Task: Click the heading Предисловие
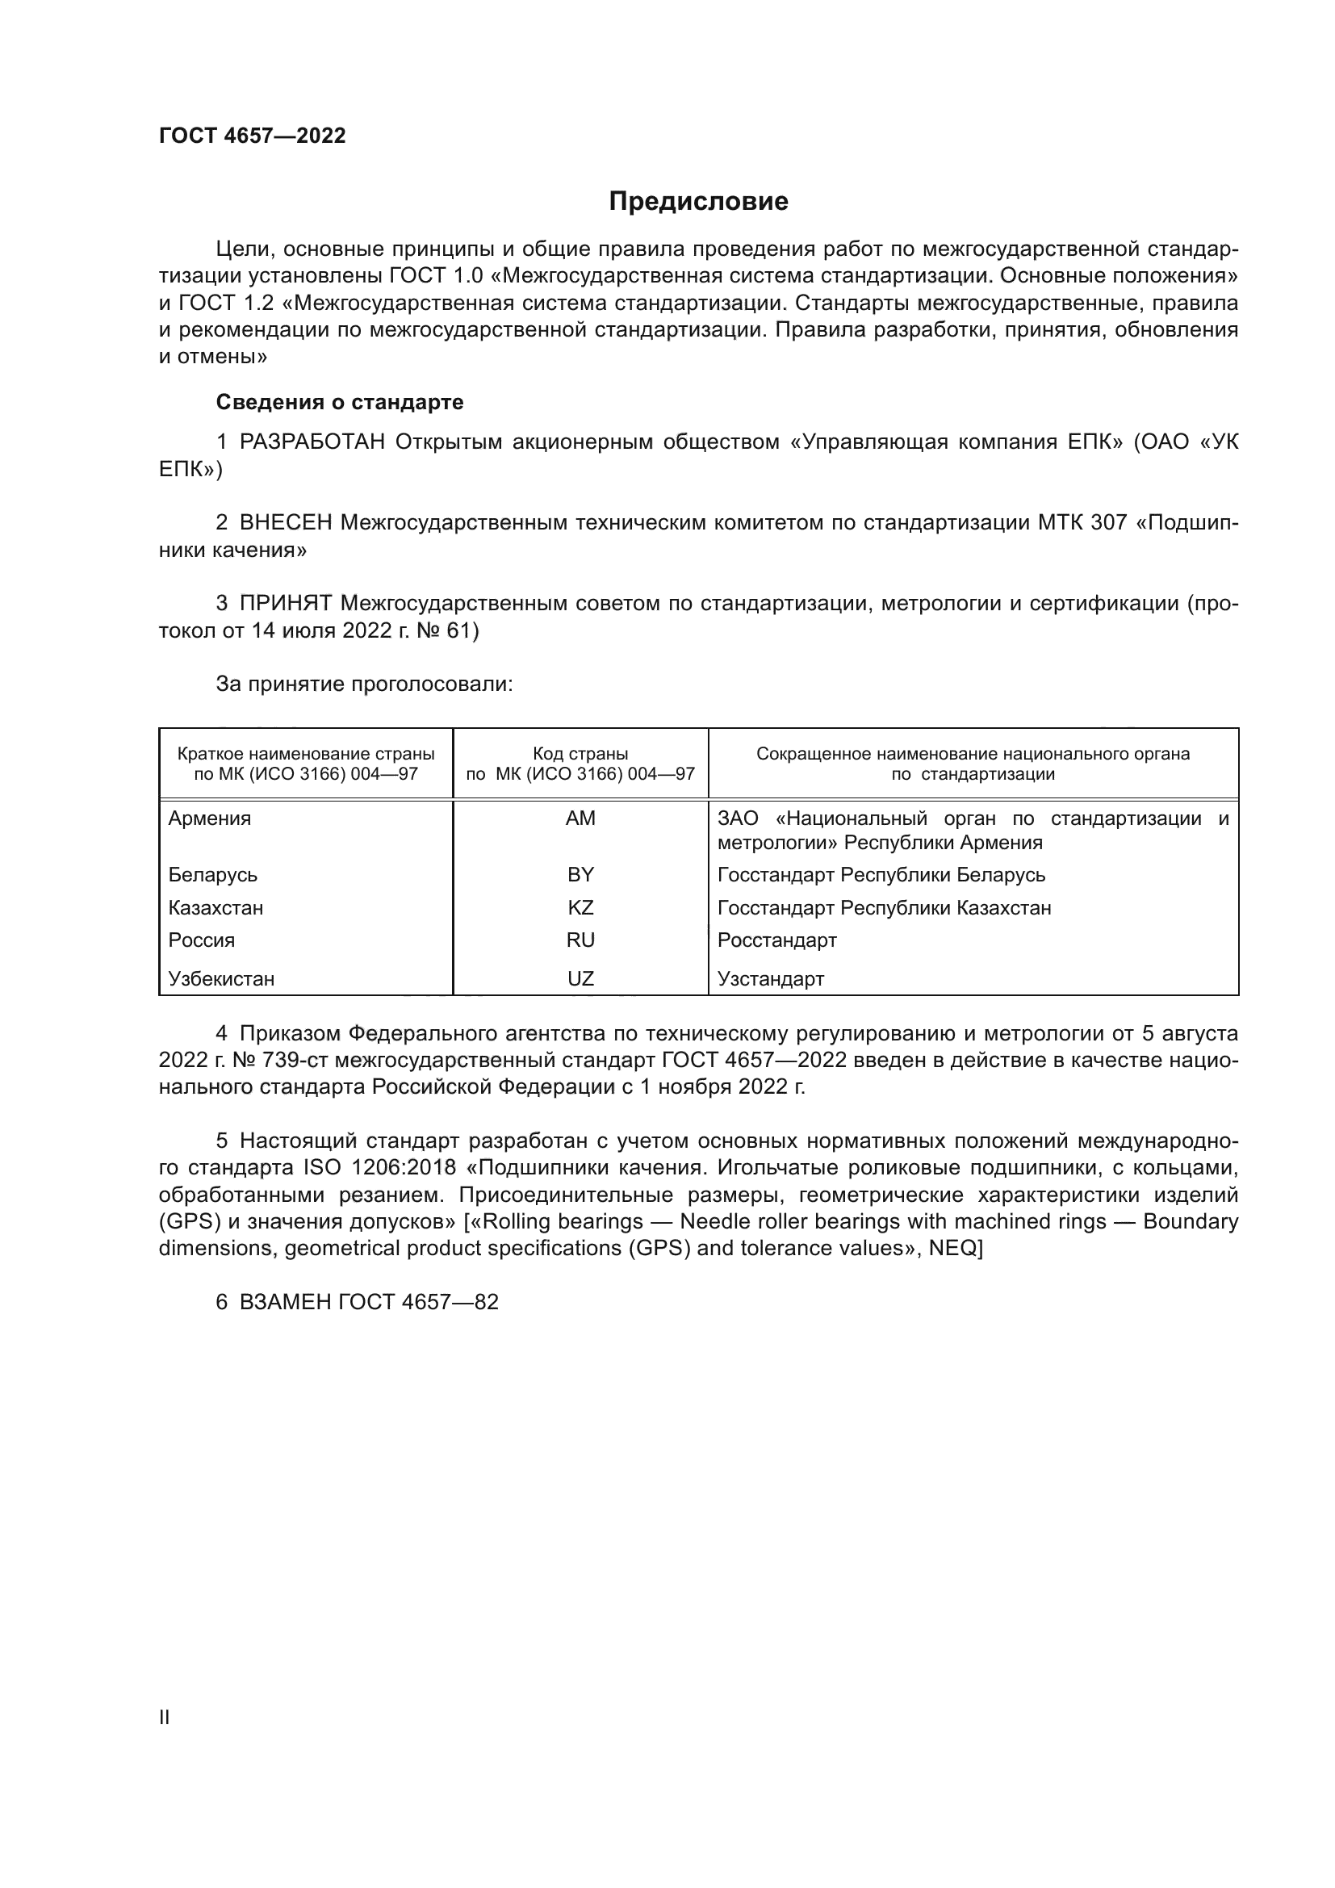tap(698, 202)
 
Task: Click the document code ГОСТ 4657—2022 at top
tap(253, 136)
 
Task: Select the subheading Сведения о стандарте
tap(340, 402)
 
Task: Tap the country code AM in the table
tap(580, 818)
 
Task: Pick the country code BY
tap(580, 874)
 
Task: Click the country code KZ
tap(580, 908)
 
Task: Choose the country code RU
tap(580, 940)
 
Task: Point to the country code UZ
tap(580, 978)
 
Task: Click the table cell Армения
tap(210, 818)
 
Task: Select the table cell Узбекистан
tap(221, 978)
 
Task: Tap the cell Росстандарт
tap(776, 940)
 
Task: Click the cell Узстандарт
tap(770, 978)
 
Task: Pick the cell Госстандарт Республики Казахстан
tap(884, 908)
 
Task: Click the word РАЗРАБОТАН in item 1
tap(312, 442)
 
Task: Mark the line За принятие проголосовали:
tap(364, 684)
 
